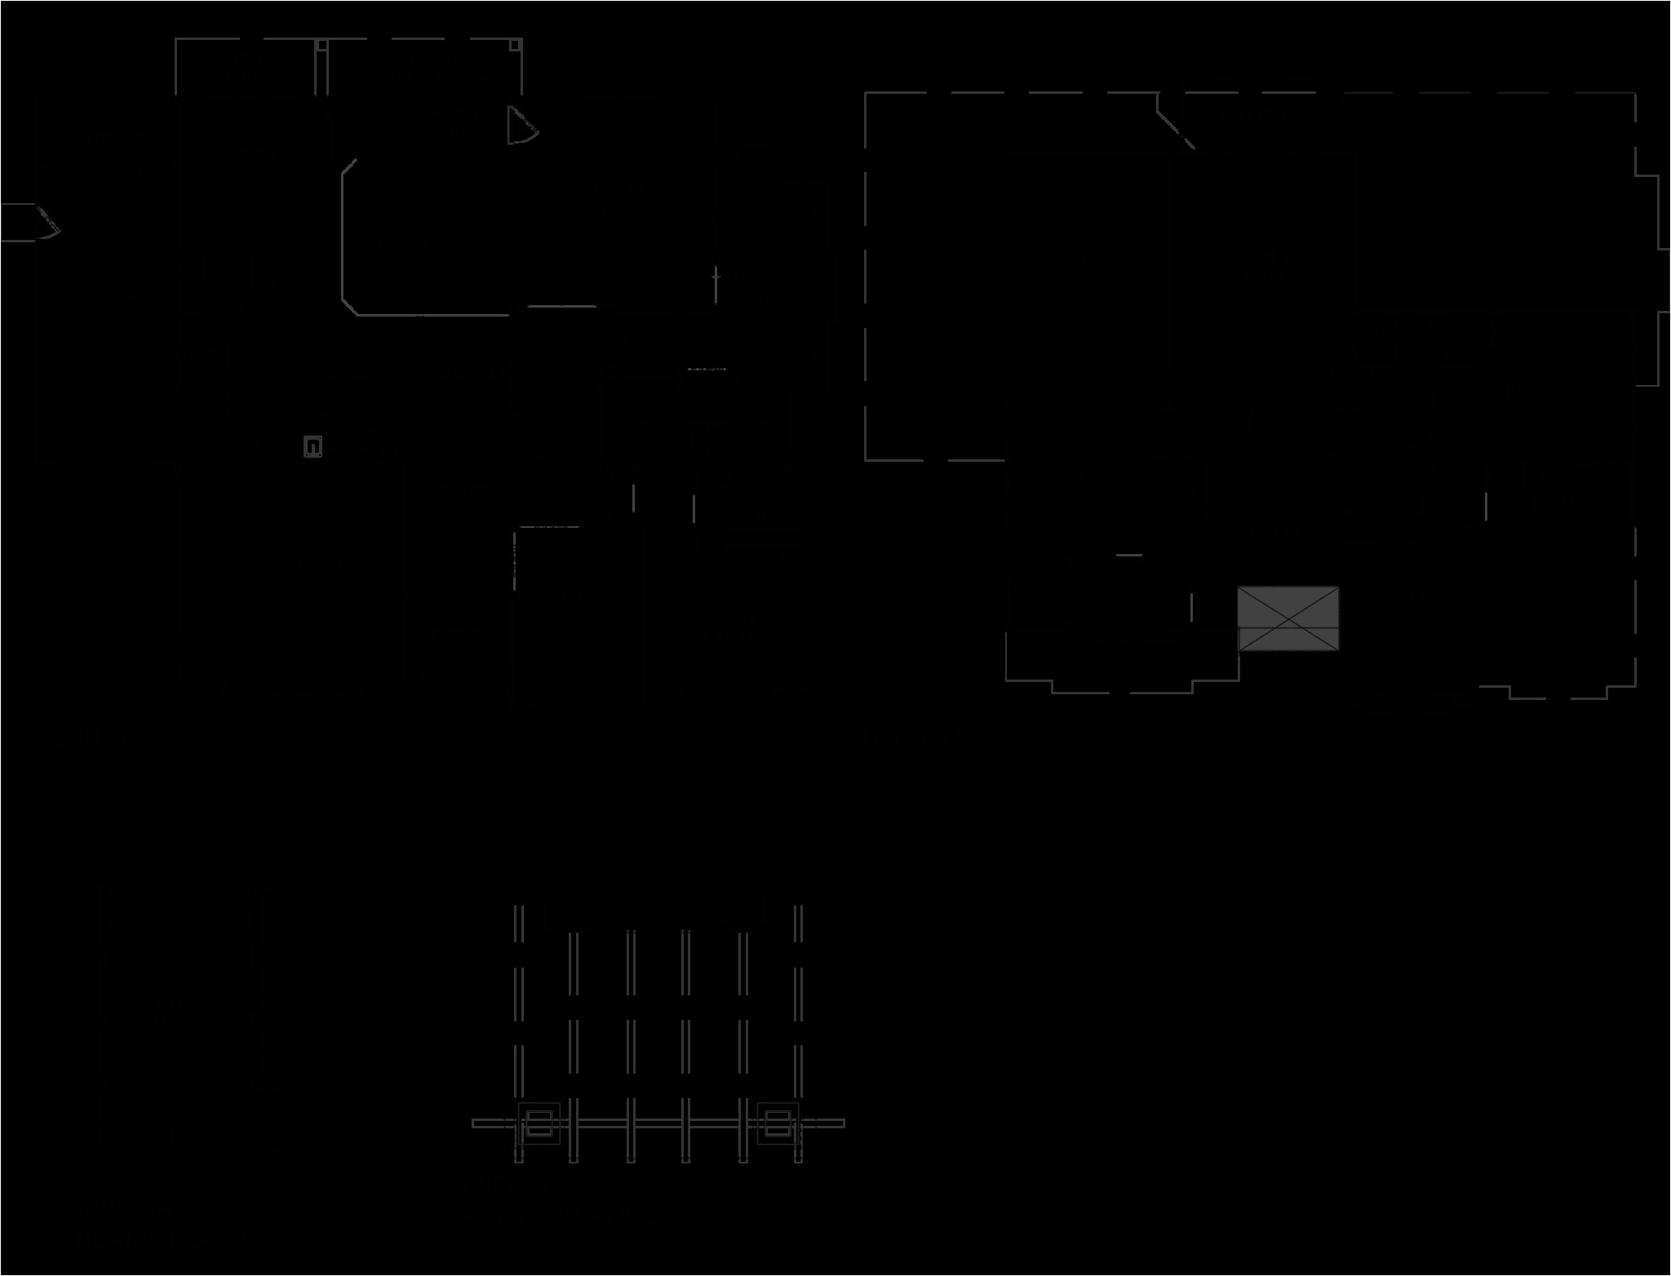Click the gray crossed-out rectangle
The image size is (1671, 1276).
(x=1288, y=618)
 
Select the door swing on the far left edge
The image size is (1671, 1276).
(x=41, y=222)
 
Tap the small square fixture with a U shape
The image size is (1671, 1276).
(x=312, y=446)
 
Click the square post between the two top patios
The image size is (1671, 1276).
(x=322, y=45)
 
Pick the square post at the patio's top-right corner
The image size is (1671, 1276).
(x=516, y=44)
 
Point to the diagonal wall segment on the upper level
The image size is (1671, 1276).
(x=1175, y=122)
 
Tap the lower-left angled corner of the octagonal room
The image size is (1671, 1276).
(x=349, y=305)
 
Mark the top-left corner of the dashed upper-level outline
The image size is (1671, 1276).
(x=867, y=94)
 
